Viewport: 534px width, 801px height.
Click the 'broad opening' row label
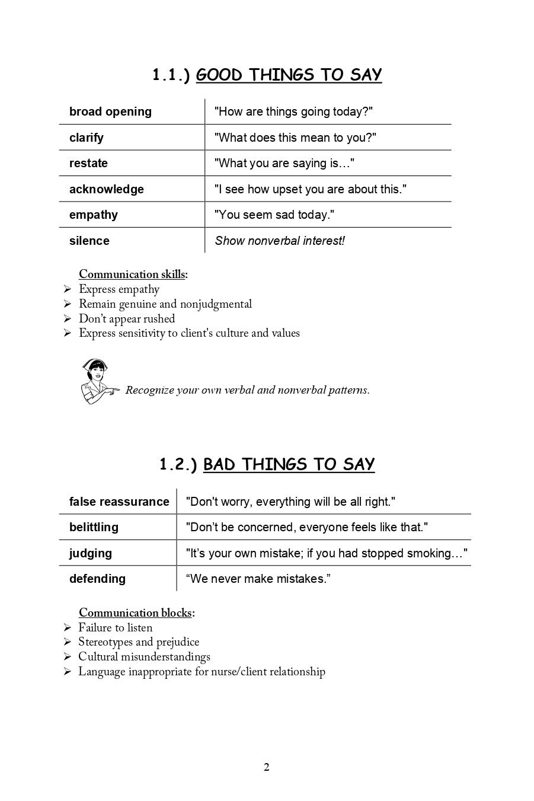point(110,111)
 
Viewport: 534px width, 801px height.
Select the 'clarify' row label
point(87,138)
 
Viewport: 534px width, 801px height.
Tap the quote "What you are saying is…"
point(284,163)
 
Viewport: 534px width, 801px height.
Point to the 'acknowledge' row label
point(107,189)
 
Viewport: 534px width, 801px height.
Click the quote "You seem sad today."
point(274,215)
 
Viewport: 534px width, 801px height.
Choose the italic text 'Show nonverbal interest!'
point(280,241)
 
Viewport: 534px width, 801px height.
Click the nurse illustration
point(97,381)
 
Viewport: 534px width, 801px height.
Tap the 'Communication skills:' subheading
point(133,274)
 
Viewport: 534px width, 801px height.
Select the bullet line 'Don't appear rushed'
point(127,318)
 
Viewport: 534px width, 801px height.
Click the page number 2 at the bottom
point(266,767)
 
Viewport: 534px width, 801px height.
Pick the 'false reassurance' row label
point(119,502)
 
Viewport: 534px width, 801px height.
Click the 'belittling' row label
point(94,527)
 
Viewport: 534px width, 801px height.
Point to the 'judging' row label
point(90,553)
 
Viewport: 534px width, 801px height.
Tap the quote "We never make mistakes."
point(258,579)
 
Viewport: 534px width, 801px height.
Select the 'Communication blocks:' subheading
point(136,612)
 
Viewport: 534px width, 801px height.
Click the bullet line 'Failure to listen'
point(115,627)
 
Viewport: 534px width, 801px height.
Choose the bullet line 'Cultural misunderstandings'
point(144,656)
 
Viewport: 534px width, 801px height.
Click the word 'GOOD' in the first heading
point(219,75)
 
